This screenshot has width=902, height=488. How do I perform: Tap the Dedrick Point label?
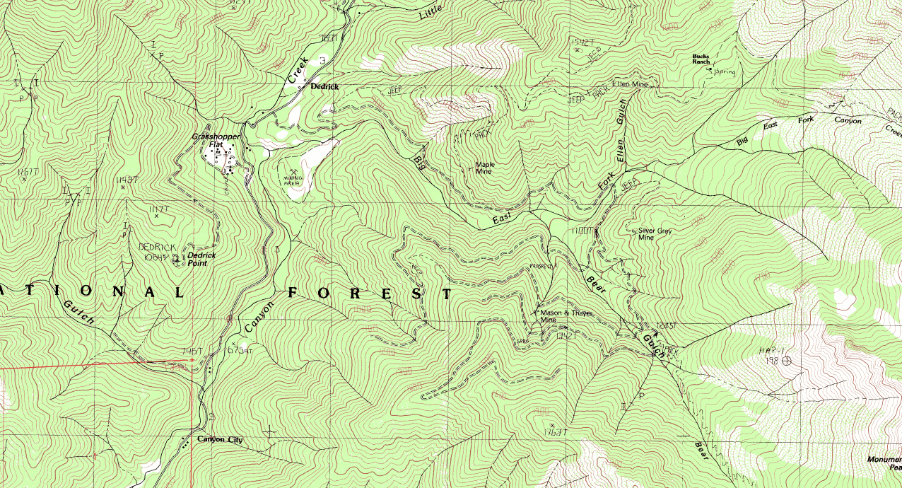201,259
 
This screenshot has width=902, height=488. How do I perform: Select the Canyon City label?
220,440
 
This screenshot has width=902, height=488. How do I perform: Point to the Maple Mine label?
485,168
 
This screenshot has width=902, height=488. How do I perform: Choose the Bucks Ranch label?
701,59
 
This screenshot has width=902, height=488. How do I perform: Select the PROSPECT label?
539,267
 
